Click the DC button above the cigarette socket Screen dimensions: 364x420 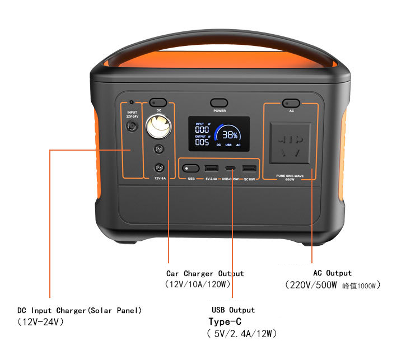(158, 102)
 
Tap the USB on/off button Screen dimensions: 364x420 (190, 168)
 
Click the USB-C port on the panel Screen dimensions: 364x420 (230, 168)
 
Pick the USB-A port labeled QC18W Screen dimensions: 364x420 (249, 168)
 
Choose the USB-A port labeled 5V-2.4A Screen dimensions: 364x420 (212, 168)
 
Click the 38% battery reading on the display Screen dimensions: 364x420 (230, 135)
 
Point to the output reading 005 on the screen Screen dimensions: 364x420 (202, 142)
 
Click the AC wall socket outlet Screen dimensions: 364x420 (290, 142)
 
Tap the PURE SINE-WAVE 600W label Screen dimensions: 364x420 (290, 177)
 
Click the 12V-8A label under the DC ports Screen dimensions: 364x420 (160, 179)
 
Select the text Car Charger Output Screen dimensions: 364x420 (205, 274)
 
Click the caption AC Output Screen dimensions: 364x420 (332, 273)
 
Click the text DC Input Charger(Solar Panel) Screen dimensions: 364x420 (80, 310)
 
